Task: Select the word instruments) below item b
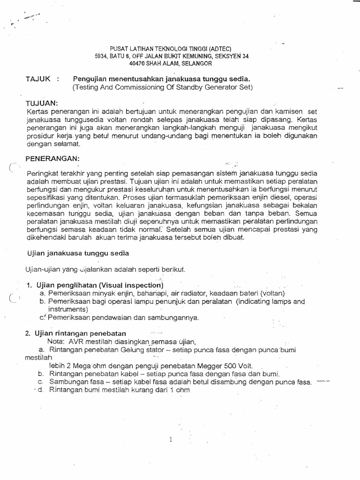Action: tap(68, 309)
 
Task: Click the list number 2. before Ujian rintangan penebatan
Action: tap(27, 333)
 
